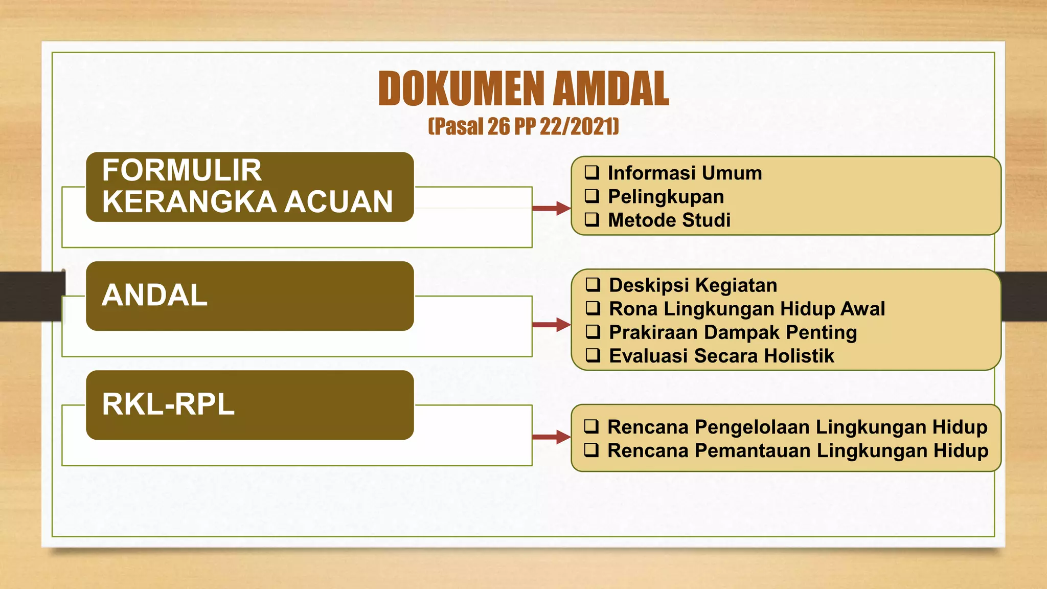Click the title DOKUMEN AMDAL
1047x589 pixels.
coord(523,89)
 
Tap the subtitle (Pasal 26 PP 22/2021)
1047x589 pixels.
coord(523,126)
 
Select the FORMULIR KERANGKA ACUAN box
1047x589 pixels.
coord(249,187)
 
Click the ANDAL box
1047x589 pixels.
coord(249,296)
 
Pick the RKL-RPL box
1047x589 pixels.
coord(249,404)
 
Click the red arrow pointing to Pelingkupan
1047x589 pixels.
coord(551,208)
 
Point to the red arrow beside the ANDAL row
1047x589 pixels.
coord(551,325)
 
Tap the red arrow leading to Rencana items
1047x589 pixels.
coord(551,437)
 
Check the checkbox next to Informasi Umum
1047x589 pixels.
coord(592,172)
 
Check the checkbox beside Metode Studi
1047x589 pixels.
coord(592,219)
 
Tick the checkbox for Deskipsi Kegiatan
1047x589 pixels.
coord(593,284)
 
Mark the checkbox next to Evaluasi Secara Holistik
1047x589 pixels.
coord(593,355)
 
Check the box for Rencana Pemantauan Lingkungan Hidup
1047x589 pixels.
coord(591,450)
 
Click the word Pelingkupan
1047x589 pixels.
coord(666,197)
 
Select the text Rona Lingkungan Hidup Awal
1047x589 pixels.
coord(746,309)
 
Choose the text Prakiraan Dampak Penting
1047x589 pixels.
coord(733,332)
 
